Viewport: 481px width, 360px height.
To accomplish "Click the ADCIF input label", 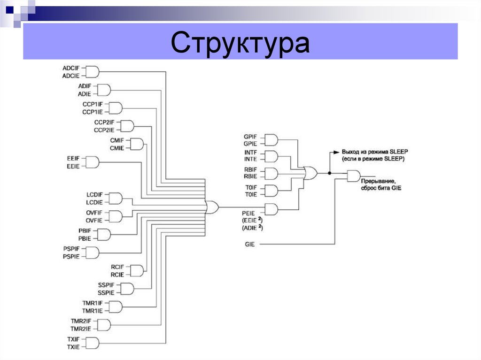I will pyautogui.click(x=71, y=68).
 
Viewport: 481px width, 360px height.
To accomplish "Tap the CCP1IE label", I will pyautogui.click(x=92, y=112).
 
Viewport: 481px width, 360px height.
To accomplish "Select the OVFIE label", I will pyautogui.click(x=94, y=220).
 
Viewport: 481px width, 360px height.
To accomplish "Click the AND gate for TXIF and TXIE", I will pyautogui.click(x=93, y=343).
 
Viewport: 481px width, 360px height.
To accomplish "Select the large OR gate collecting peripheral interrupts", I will pyautogui.click(x=212, y=207).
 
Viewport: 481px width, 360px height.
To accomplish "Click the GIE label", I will pyautogui.click(x=249, y=245).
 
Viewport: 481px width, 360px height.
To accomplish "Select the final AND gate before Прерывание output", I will pyautogui.click(x=354, y=176).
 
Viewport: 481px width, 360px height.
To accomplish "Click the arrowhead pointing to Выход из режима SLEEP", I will pyautogui.click(x=336, y=152).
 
